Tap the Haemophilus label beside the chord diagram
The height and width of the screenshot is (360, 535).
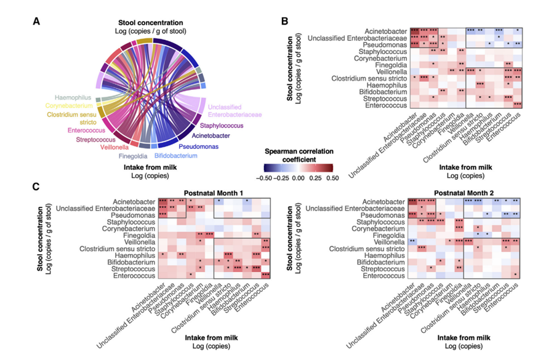click(x=77, y=97)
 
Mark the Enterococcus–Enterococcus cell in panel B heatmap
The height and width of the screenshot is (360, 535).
click(x=517, y=105)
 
